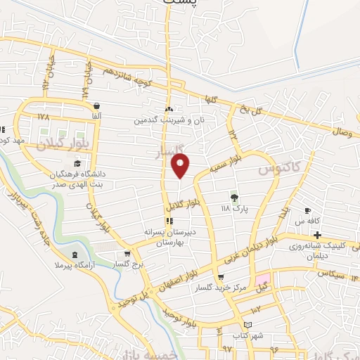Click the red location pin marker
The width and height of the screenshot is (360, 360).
(x=181, y=165)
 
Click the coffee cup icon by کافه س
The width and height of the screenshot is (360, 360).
(x=307, y=210)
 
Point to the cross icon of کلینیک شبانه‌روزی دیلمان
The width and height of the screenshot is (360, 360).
(x=317, y=234)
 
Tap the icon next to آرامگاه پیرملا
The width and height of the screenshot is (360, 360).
(x=75, y=252)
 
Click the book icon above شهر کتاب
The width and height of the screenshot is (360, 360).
(x=247, y=325)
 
